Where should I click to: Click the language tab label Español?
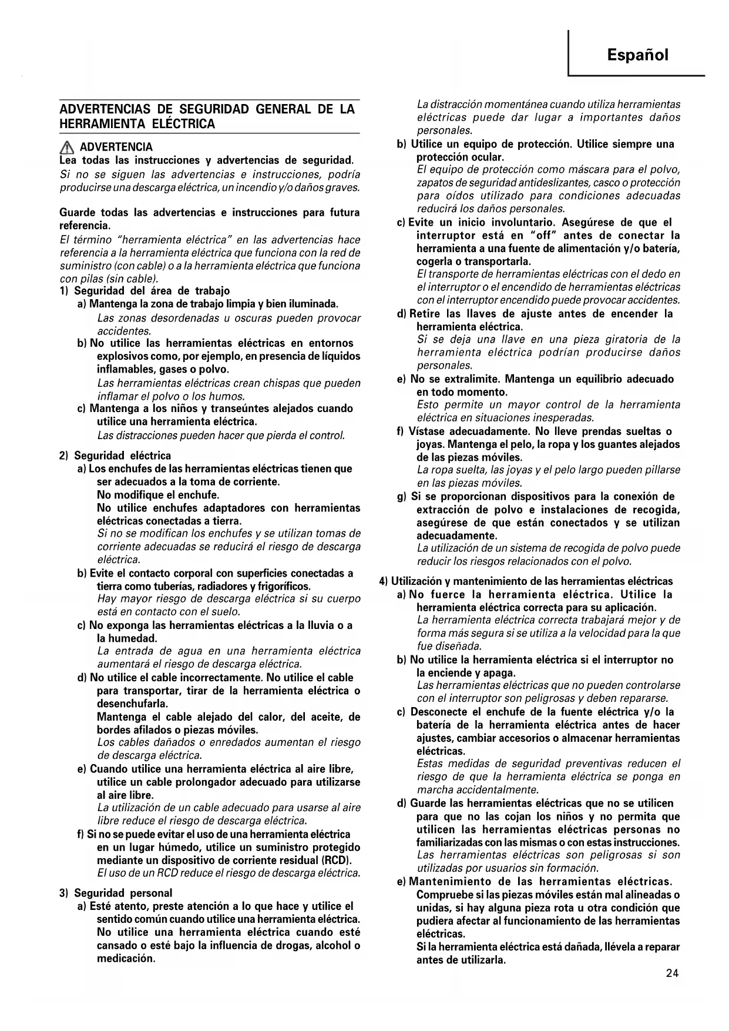(x=637, y=55)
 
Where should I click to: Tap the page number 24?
(x=672, y=973)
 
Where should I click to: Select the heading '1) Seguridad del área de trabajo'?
(x=145, y=291)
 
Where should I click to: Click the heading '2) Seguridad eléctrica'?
(x=115, y=456)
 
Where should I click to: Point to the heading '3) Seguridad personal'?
(x=116, y=893)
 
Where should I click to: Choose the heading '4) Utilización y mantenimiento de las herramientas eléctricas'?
(x=526, y=581)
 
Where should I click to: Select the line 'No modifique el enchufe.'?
(x=158, y=495)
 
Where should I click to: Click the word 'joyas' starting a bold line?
(x=429, y=444)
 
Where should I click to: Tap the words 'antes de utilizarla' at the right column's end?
(x=461, y=960)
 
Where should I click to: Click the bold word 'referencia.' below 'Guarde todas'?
(x=85, y=226)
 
